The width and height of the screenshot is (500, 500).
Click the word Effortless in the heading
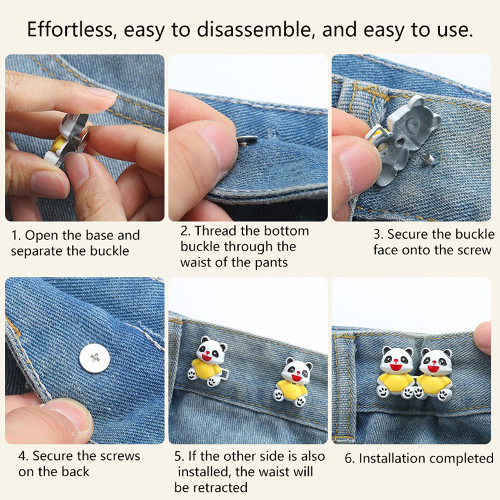tap(70, 29)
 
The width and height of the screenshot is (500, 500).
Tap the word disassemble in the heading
tap(254, 29)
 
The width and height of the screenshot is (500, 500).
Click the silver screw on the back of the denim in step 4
tap(95, 357)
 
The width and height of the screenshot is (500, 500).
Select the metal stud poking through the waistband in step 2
tap(247, 141)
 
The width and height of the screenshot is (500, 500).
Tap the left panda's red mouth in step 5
tap(207, 357)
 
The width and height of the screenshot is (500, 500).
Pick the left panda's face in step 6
tap(397, 361)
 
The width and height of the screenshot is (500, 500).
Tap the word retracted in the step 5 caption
tap(221, 487)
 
